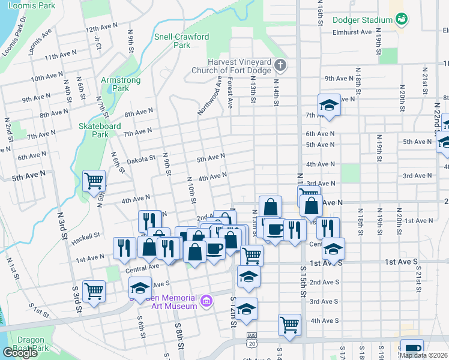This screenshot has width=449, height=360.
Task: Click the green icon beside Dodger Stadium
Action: (402, 20)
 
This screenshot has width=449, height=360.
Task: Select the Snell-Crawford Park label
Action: (182, 40)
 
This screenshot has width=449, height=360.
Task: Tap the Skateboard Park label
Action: (100, 130)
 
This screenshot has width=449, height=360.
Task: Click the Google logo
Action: (20, 353)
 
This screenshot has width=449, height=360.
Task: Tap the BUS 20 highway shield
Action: (250, 339)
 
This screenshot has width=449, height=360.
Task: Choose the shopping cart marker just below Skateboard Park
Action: (94, 180)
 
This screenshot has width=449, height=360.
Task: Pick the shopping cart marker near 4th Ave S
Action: (289, 324)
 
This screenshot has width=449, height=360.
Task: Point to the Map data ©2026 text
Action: (423, 355)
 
